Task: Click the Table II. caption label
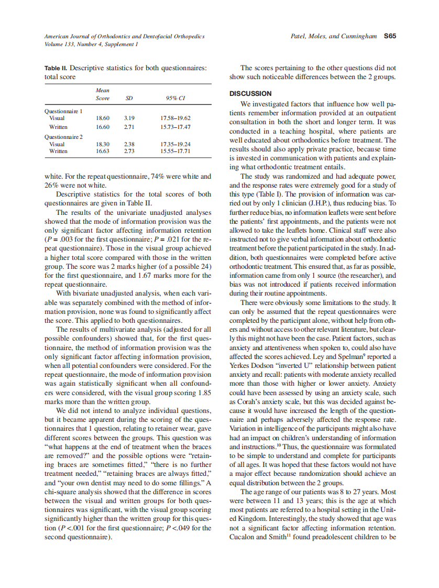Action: point(56,68)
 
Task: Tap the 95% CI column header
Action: point(175,98)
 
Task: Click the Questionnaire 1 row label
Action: point(63,111)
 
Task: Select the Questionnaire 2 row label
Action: point(63,137)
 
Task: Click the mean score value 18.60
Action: point(102,118)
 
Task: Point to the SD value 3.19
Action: point(129,118)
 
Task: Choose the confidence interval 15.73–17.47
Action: point(175,127)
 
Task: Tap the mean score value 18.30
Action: point(102,144)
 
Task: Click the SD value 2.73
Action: point(129,151)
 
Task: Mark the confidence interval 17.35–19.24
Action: point(175,144)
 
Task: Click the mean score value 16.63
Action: point(102,151)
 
